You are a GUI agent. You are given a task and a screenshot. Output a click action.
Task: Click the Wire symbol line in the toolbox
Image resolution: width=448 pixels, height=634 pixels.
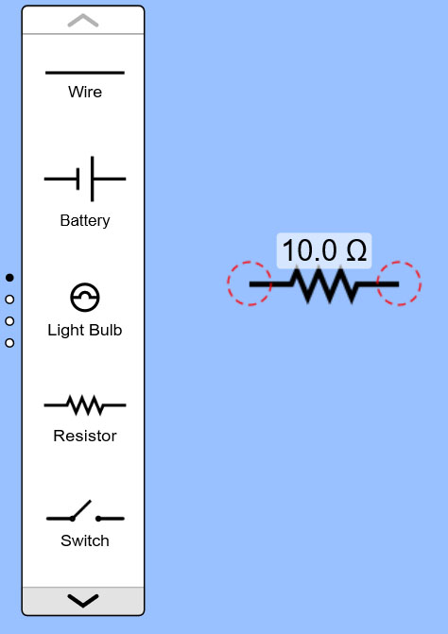85,73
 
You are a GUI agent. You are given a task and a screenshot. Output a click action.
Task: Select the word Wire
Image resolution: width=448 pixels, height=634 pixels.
85,92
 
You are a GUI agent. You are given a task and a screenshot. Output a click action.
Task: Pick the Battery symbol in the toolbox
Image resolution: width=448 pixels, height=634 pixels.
85,179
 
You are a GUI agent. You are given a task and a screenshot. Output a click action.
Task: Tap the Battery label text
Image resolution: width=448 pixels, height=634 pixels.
85,220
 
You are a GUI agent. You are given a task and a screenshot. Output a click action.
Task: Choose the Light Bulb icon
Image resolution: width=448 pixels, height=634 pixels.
85,298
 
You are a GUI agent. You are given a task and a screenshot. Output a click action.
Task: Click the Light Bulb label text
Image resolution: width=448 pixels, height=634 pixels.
85,330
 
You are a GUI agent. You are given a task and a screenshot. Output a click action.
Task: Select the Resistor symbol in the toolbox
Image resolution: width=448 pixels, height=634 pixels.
85,405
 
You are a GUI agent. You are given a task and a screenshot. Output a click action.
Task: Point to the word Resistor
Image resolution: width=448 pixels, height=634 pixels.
85,436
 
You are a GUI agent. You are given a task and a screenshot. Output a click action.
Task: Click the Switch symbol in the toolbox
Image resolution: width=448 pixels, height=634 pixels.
85,511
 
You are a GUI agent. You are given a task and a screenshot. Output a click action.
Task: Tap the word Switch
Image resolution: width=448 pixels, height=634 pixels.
85,540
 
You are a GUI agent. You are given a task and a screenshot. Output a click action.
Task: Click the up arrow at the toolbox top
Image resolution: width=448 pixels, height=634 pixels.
83,20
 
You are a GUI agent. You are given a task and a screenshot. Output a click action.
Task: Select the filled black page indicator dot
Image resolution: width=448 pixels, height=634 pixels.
9,278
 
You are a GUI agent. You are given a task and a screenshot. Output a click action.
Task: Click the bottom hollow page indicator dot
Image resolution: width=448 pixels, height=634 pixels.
9,343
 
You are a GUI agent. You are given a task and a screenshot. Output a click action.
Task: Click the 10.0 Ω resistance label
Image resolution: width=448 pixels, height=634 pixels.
324,250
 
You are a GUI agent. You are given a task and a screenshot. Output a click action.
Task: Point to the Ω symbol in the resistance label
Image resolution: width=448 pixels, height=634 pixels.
356,250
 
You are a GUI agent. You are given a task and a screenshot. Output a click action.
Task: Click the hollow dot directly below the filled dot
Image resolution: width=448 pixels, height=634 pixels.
9,300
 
